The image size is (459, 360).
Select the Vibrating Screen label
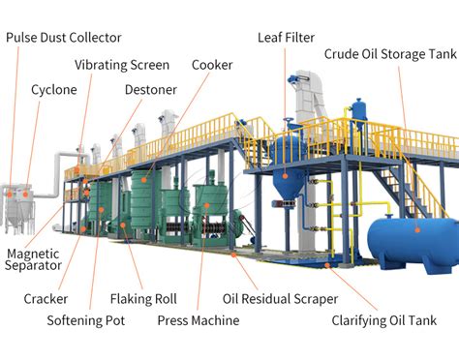pos(122,65)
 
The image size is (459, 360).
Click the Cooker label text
pos(211,65)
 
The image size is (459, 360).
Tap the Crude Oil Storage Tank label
pos(389,54)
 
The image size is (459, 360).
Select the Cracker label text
pos(46,299)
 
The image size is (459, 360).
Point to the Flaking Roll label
pos(143,299)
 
